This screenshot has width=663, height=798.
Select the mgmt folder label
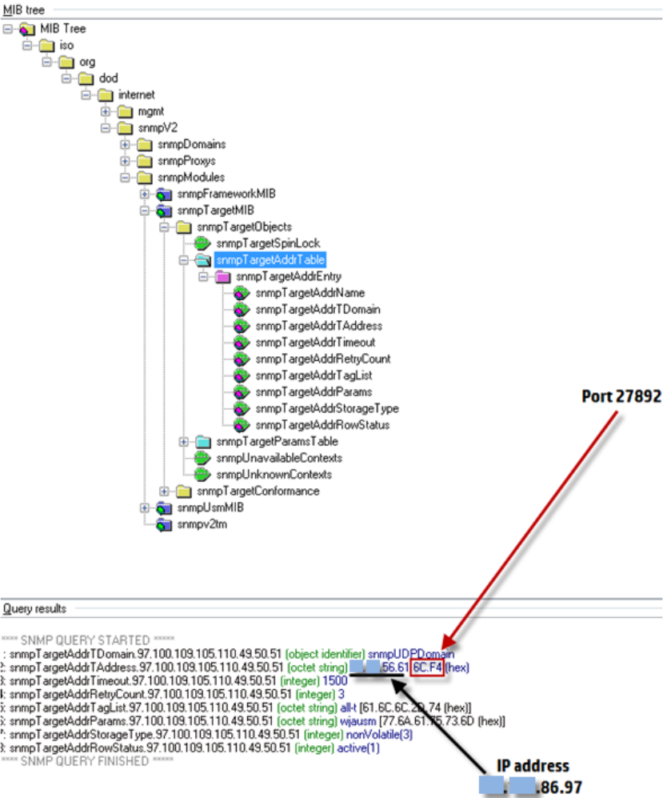(x=151, y=111)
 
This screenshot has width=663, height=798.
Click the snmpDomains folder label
(x=191, y=144)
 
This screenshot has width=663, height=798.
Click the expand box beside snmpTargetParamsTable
(x=183, y=442)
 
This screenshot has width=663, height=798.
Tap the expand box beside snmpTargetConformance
(x=164, y=491)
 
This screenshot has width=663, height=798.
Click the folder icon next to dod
(x=86, y=78)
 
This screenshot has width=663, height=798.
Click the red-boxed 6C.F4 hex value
(x=425, y=666)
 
